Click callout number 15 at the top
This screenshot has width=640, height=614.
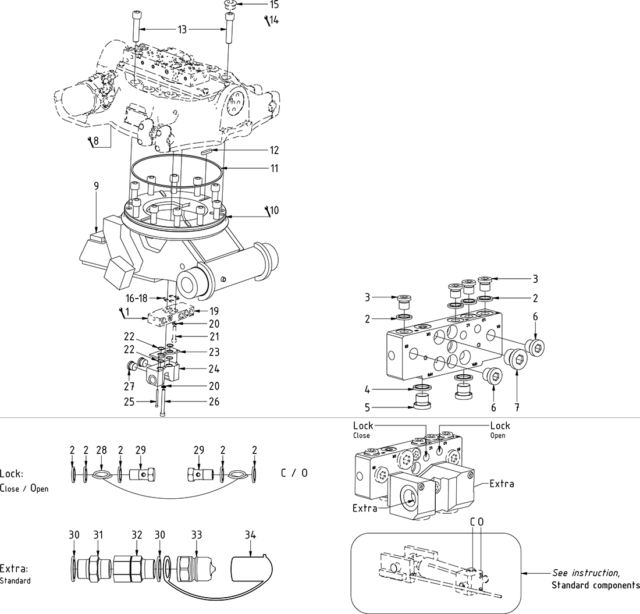pyautogui.click(x=273, y=5)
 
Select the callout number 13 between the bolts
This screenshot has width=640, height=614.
pyautogui.click(x=182, y=30)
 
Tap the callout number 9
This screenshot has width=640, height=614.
pyautogui.click(x=96, y=186)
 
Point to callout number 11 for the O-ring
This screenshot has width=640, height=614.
pyautogui.click(x=273, y=169)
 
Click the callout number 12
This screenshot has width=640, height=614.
pyautogui.click(x=273, y=151)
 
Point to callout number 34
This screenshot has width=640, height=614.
pyautogui.click(x=251, y=535)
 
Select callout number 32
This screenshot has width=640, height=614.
pyautogui.click(x=137, y=535)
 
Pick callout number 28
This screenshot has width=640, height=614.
pyautogui.click(x=101, y=450)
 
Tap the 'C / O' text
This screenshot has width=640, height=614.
pyautogui.click(x=294, y=473)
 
